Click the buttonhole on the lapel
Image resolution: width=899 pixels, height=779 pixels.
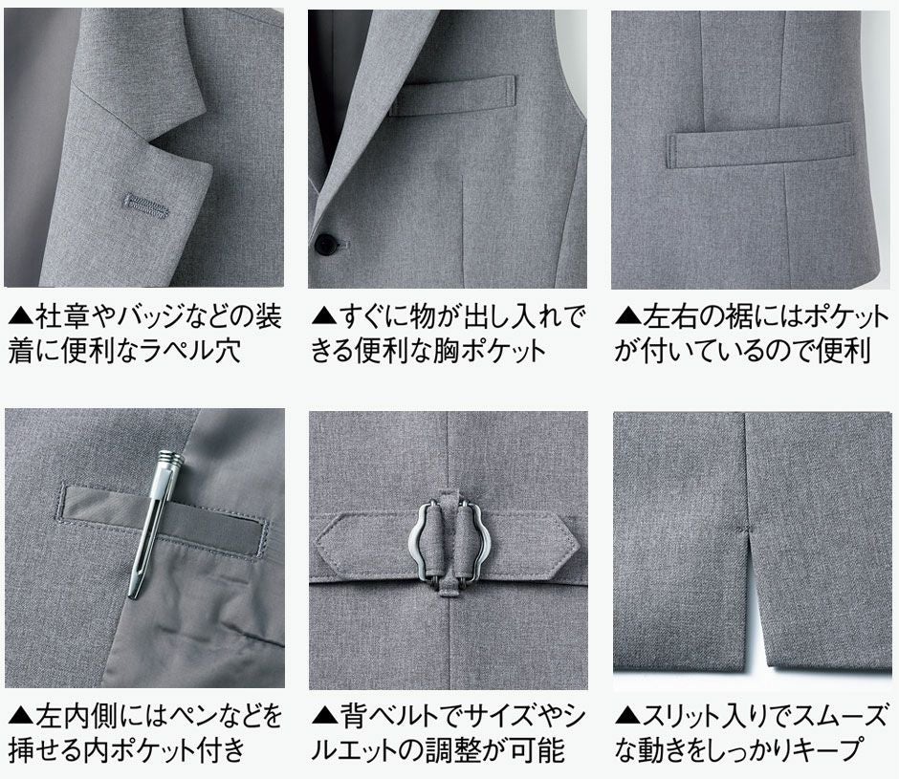[146, 205]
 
